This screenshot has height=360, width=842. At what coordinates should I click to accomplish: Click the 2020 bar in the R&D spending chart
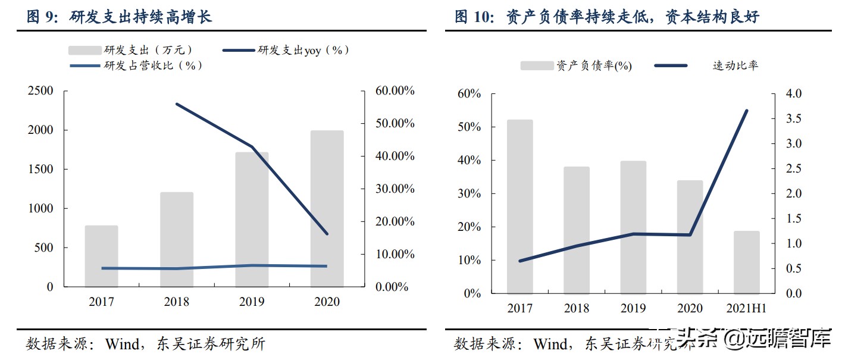coord(327,208)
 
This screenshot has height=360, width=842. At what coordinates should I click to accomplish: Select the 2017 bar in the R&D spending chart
coord(101,256)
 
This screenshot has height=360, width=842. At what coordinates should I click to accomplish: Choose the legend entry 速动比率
coord(735,65)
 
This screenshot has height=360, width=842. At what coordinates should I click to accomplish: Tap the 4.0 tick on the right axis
coord(794,94)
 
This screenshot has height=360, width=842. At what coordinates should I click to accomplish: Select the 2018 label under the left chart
coord(176,302)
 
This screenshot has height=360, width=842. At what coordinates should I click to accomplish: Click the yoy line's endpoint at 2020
coord(327,233)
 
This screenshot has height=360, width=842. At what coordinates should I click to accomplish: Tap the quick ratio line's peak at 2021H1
coord(746,111)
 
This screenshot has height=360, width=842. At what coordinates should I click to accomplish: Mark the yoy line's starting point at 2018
coord(177,104)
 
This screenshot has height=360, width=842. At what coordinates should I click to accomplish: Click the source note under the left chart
coord(146,344)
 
